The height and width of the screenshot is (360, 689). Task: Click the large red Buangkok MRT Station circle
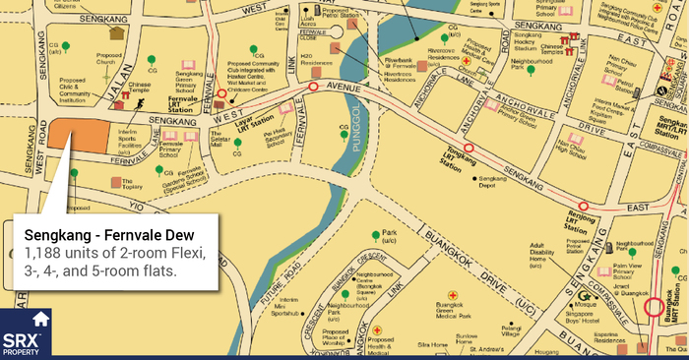pos(656,333)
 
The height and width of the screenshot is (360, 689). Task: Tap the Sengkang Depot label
pos(491,183)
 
